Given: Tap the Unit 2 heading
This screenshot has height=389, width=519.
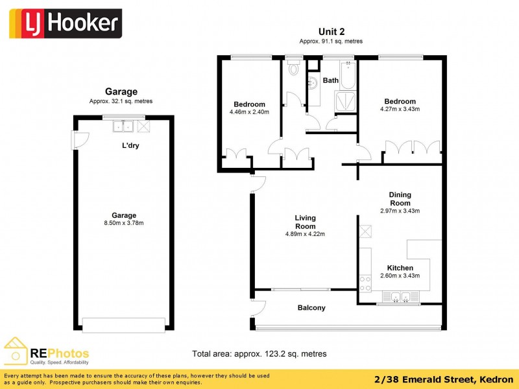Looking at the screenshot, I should pyautogui.click(x=330, y=31).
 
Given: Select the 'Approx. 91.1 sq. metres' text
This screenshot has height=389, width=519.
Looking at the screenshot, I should pyautogui.click(x=330, y=41).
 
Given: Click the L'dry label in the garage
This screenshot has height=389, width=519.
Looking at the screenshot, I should pyautogui.click(x=130, y=146).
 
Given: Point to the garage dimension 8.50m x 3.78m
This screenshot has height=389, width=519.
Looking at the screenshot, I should pyautogui.click(x=123, y=224).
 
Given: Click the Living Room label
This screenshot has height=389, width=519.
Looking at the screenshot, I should pyautogui.click(x=305, y=222).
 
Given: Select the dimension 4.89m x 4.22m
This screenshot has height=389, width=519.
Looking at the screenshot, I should pyautogui.click(x=304, y=234).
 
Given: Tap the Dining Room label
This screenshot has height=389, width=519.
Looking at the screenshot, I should pyautogui.click(x=400, y=198).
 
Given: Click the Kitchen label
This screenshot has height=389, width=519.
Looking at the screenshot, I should pyautogui.click(x=400, y=268).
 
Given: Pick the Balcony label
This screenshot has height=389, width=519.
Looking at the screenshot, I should pyautogui.click(x=311, y=308).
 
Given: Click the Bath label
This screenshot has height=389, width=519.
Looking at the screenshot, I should pyautogui.click(x=331, y=81).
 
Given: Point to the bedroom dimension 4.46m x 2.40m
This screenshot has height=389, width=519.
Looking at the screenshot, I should pyautogui.click(x=249, y=112).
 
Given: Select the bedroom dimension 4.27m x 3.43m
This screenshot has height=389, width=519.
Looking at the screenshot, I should pyautogui.click(x=400, y=109).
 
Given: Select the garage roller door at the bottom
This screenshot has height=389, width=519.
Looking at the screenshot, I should pyautogui.click(x=124, y=324).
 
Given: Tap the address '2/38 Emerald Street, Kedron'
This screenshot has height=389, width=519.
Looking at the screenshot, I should pyautogui.click(x=444, y=379).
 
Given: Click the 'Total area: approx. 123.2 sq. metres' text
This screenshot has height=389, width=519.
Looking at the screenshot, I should pyautogui.click(x=259, y=354).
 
